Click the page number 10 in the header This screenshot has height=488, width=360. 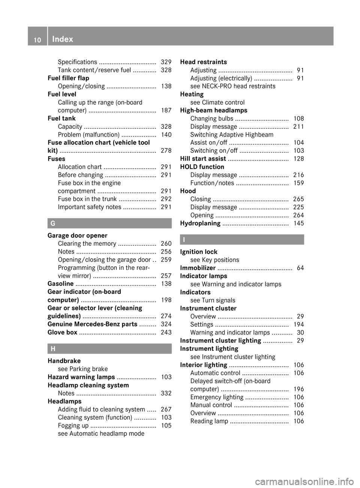37,39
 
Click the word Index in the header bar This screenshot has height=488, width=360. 63,39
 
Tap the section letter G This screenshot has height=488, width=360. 53,223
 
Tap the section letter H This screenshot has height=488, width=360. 53,349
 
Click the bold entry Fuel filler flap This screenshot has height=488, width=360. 68,78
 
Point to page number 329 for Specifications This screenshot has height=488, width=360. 166,62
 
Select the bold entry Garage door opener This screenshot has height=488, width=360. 77,235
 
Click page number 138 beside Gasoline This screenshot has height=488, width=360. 166,284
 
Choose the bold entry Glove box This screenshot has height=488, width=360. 62,332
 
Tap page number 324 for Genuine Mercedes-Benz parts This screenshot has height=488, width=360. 166,324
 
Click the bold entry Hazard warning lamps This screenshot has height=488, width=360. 81,377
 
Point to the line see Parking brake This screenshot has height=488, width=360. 82,369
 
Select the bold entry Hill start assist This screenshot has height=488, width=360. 203,159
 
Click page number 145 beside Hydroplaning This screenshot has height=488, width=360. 298,223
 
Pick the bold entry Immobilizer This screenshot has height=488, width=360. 198,268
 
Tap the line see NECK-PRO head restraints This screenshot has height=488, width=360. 232,86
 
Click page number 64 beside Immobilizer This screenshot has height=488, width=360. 300,268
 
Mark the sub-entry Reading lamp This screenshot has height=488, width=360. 209,421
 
